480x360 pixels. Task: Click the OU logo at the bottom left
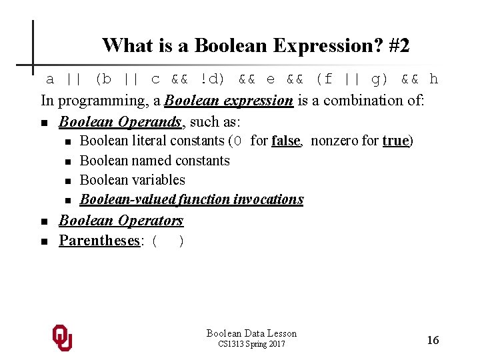(x=62, y=338)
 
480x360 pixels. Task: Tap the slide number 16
(x=433, y=341)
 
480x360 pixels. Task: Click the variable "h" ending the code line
(x=434, y=79)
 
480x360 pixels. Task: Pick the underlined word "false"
(x=285, y=141)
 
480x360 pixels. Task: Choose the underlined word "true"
(x=395, y=141)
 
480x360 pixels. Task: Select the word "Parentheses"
(x=99, y=240)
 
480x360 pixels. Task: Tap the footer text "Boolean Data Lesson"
(x=251, y=333)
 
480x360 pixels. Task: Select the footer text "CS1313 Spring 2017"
(x=251, y=344)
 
